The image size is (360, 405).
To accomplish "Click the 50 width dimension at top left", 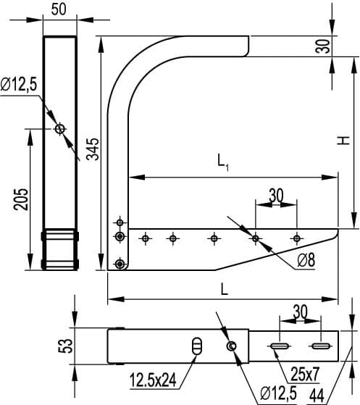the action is coord(59,9).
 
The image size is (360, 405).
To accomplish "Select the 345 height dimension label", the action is coord(93,149).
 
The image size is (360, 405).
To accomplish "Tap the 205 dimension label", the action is coord(21,199).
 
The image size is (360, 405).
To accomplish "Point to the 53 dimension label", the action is coord(65,346).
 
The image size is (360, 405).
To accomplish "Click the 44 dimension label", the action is coord(317,395).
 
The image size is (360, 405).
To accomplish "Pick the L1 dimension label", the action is coord(223,162).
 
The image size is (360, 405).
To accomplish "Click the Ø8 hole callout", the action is coord(306,260).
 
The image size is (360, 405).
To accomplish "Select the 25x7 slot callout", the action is coord(305,374).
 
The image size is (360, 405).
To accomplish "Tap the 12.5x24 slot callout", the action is coord(153,380).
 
